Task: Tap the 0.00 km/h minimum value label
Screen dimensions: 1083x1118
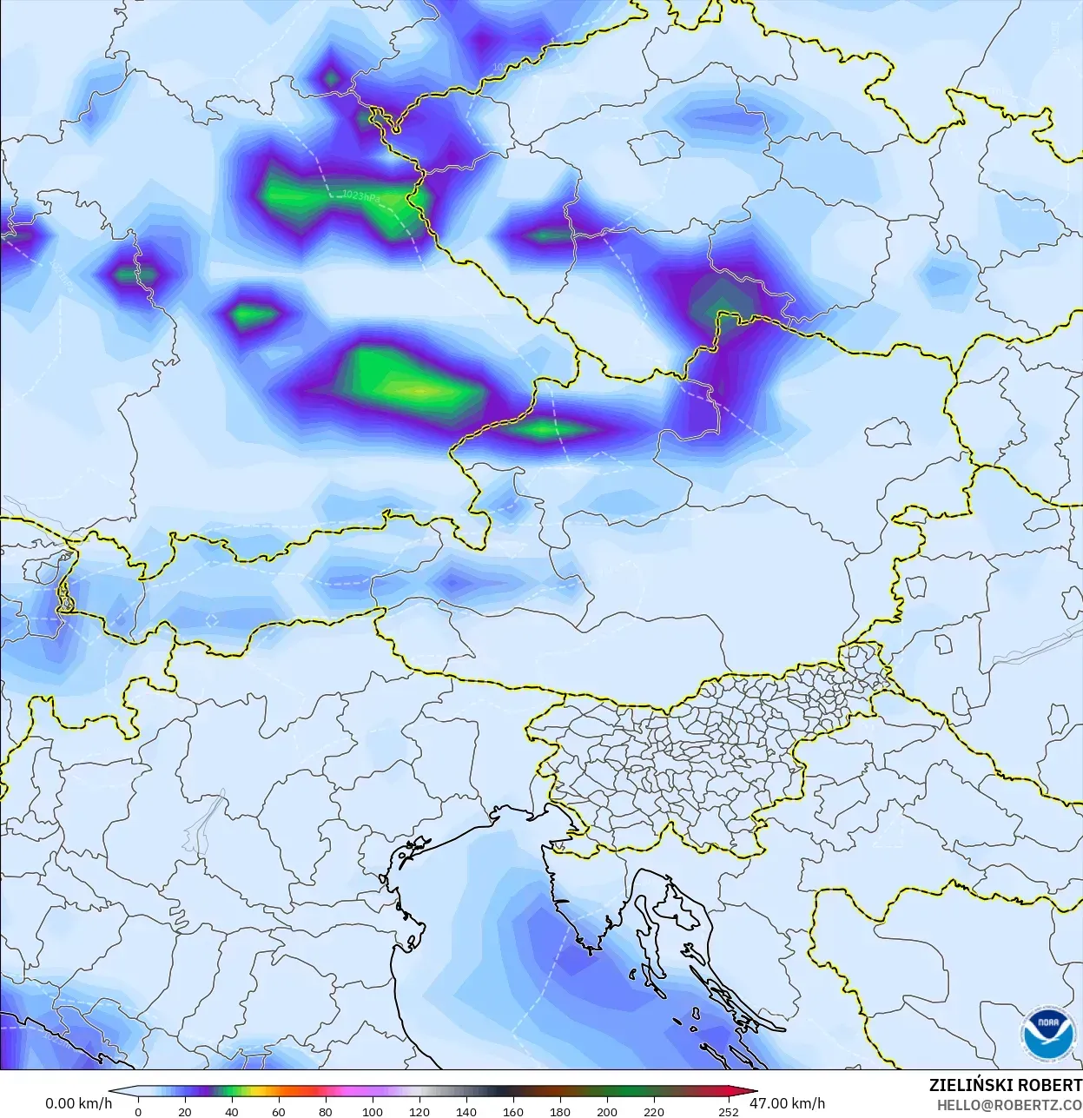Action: coord(78,1103)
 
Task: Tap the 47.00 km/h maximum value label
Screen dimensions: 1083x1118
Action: coord(787,1103)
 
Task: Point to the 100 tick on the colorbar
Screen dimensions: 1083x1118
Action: coord(373,1111)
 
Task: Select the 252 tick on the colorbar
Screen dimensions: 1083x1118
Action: coord(729,1111)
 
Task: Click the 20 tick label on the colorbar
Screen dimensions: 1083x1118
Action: coord(185,1111)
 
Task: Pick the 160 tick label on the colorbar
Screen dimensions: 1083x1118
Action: coord(513,1111)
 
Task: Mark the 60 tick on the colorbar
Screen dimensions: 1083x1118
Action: coord(279,1111)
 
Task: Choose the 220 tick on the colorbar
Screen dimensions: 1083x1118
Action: coord(654,1111)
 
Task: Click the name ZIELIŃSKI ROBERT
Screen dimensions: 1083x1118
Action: coord(1005,1085)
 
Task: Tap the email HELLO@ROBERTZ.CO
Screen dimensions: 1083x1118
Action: coord(1009,1105)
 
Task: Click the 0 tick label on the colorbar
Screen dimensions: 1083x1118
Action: coord(138,1111)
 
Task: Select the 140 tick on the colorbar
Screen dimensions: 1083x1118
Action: coord(466,1111)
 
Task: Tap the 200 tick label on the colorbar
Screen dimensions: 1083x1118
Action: coord(607,1111)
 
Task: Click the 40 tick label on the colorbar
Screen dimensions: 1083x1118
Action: coord(232,1111)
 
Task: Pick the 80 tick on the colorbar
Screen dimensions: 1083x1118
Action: coord(326,1111)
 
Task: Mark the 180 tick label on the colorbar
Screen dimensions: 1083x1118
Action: coord(560,1111)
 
